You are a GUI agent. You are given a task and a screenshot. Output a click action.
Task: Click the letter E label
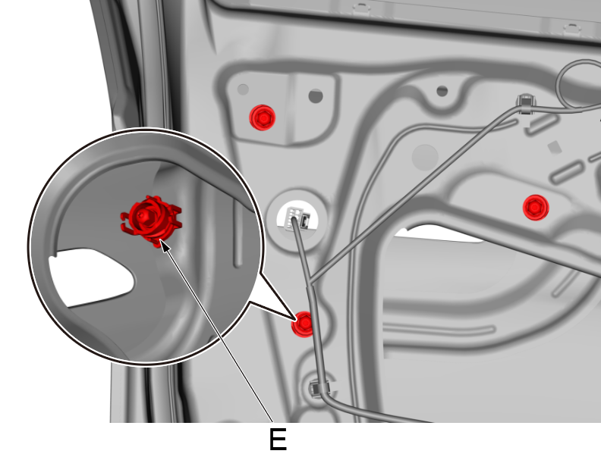pos(278,440)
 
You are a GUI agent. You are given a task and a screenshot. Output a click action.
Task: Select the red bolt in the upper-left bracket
pos(263,117)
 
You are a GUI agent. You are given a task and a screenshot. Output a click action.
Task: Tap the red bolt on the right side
pos(536,206)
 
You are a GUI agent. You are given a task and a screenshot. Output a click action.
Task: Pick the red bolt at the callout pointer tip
pos(304,324)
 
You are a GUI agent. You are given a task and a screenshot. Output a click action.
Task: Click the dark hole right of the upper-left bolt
pos(316,96)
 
